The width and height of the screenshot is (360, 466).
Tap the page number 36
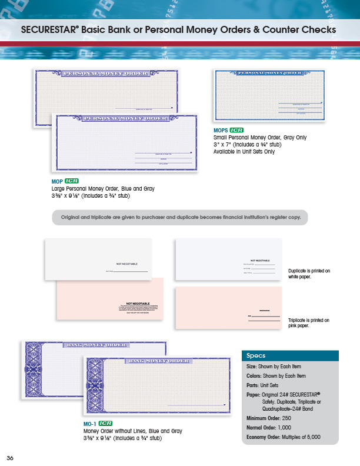click(x=10, y=458)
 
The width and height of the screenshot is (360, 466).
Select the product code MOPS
click(x=221, y=130)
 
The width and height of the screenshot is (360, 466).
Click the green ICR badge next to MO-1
click(x=105, y=423)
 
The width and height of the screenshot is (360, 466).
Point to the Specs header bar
click(x=290, y=355)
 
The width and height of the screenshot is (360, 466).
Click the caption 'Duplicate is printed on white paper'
click(x=309, y=274)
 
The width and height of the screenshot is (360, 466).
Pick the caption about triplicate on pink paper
click(x=309, y=322)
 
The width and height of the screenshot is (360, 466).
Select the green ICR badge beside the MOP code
click(x=72, y=181)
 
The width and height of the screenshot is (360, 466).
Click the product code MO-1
click(x=89, y=423)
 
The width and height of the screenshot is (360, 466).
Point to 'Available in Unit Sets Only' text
click(x=244, y=151)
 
